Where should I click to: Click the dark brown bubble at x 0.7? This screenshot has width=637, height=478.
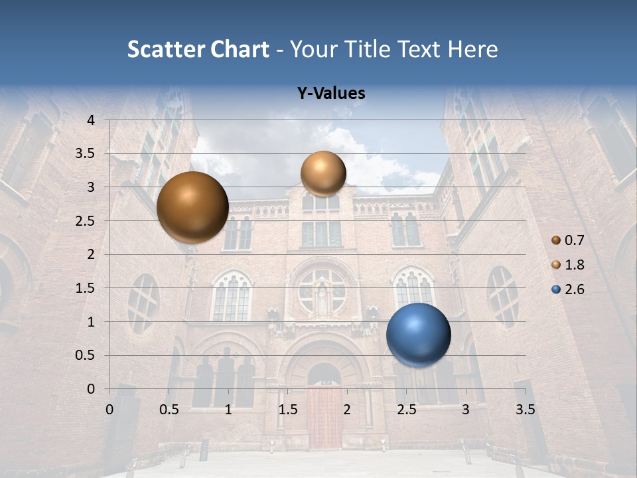[192, 206]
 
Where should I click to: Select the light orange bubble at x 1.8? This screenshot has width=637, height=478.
[323, 173]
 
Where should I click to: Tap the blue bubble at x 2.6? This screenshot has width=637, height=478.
[418, 335]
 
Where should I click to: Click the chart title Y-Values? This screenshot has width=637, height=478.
[331, 94]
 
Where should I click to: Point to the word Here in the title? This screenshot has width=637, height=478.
[472, 49]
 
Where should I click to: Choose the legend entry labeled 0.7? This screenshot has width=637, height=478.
[568, 240]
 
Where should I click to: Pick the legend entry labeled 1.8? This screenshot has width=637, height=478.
[568, 265]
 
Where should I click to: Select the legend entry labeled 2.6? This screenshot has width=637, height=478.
[568, 289]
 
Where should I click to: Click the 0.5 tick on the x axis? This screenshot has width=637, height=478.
[169, 410]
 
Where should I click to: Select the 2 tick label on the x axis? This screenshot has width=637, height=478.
[347, 410]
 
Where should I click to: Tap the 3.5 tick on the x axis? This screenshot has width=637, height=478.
[525, 410]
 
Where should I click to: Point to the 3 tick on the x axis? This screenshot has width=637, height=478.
[466, 410]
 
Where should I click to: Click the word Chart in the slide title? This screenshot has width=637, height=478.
[240, 49]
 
